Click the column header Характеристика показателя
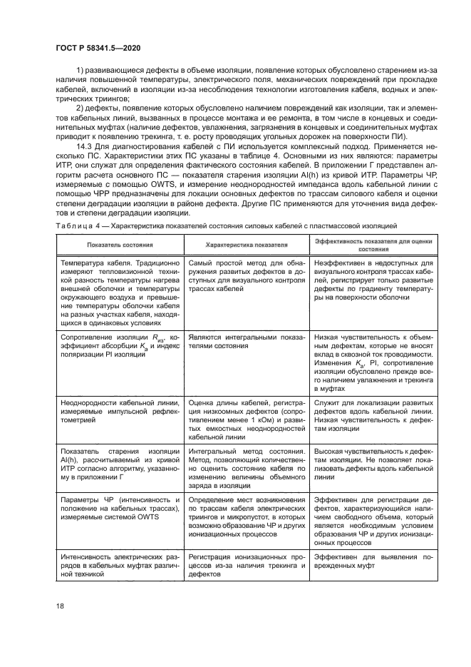pos(247,245)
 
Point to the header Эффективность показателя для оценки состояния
pos(373,245)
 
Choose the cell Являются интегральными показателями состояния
pos(247,340)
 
